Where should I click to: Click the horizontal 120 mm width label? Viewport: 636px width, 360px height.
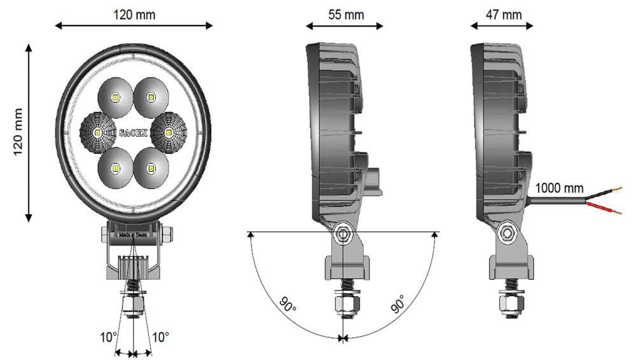pos(134,14)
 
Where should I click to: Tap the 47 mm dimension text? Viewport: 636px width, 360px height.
pos(503,15)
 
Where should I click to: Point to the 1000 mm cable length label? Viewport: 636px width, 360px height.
pos(559,188)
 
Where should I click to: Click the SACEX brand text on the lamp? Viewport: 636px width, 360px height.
pos(133,133)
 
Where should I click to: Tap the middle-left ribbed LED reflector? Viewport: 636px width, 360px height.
pos(97,133)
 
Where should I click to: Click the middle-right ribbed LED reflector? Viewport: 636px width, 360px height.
pos(169,132)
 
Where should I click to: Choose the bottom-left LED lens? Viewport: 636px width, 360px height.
pos(115,168)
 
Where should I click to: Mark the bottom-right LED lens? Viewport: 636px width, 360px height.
pos(151,168)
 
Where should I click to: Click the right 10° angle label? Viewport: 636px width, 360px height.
pos(160,336)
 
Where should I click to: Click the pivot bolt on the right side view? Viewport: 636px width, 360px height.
pos(507,233)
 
